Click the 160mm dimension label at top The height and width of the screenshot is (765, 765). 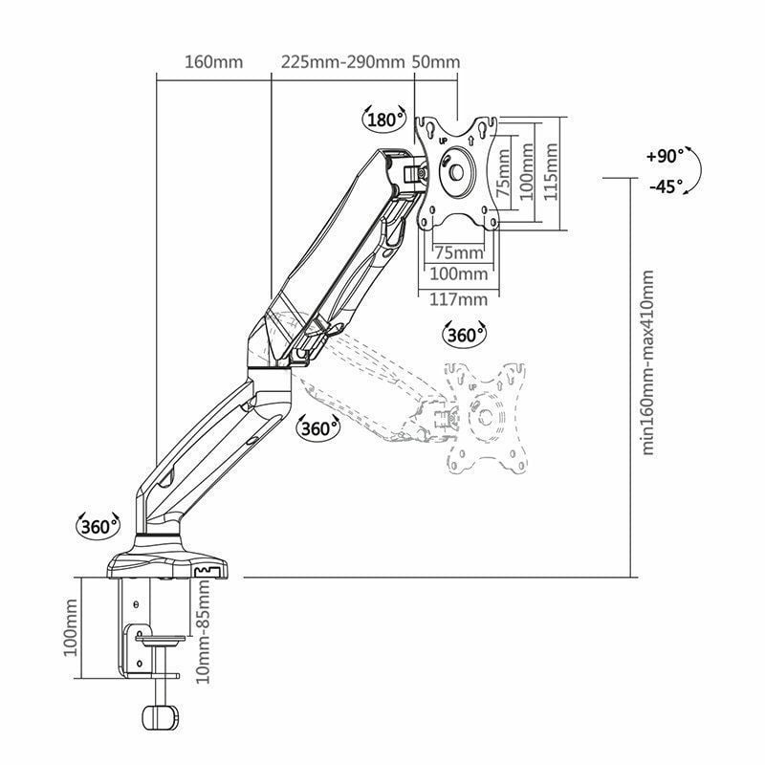pyautogui.click(x=213, y=62)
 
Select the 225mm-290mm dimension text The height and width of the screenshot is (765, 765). pyautogui.click(x=342, y=62)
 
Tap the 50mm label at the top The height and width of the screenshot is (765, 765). pyautogui.click(x=436, y=62)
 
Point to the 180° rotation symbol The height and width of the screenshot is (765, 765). pyautogui.click(x=384, y=120)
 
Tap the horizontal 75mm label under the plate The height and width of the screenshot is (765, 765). pyautogui.click(x=459, y=252)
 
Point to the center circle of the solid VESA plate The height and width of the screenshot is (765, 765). pyautogui.click(x=456, y=173)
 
